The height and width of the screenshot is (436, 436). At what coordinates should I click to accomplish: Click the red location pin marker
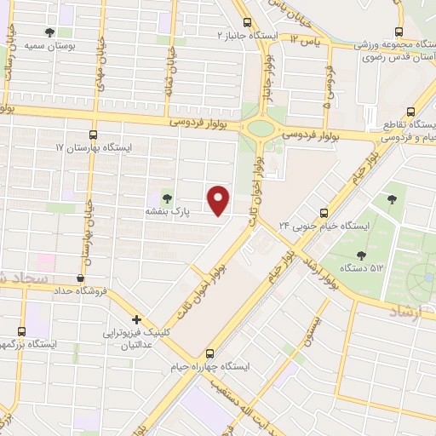tap(220, 199)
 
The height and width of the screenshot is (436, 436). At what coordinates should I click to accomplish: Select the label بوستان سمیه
tap(45, 45)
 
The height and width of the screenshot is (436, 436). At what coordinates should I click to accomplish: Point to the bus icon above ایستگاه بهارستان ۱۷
tap(94, 134)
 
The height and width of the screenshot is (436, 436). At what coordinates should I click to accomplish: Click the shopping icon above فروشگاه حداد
tap(80, 277)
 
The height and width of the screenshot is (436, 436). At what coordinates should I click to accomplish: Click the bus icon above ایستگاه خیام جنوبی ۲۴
tap(324, 213)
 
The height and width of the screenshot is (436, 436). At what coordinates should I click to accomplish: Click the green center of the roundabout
tap(261, 129)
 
